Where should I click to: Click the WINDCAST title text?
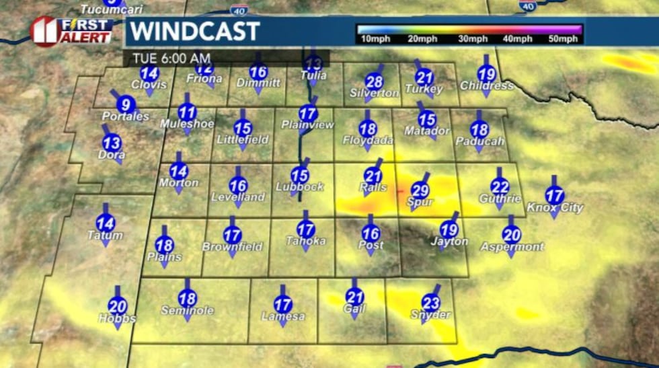point(194,31)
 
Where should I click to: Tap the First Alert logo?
point(71,30)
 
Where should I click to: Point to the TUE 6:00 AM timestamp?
point(171,58)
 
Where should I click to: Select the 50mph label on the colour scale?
point(563,39)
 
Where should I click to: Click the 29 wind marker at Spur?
point(420,190)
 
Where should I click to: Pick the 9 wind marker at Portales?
point(124,104)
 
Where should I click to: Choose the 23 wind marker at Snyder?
point(431,303)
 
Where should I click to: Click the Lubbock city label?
point(299,186)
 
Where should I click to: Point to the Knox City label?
point(555,208)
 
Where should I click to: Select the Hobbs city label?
point(117,318)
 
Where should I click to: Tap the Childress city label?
point(486,86)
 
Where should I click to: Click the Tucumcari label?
point(103,9)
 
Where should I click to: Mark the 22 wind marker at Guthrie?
point(500,187)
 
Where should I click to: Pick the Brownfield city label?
point(232,247)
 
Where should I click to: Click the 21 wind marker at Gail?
point(354,295)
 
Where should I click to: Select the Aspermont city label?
point(512,247)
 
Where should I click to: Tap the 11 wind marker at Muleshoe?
point(188,112)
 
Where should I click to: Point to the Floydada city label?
point(367,140)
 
